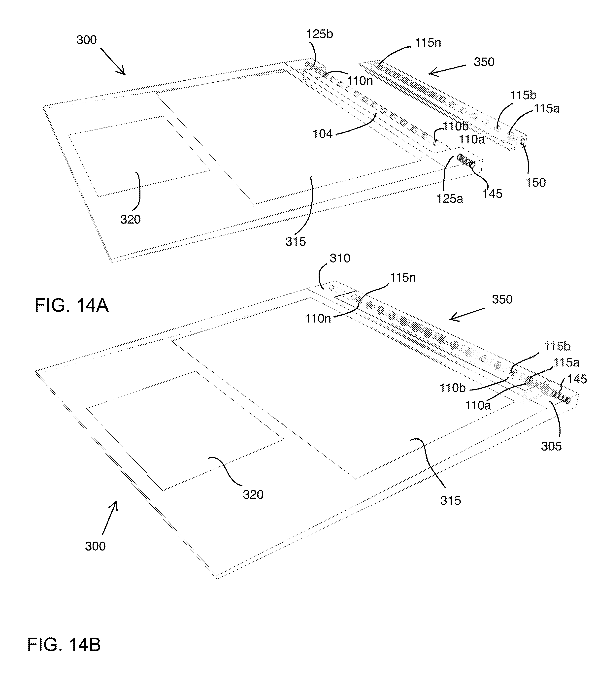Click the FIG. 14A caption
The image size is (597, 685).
pos(72,305)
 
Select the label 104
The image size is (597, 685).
pos(323,134)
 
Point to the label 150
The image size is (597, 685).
pos(536,183)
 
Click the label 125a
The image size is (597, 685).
pos(450,199)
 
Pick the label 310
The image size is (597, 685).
pos(340,258)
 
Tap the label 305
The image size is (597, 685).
pos(551,446)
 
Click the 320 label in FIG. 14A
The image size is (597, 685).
pos(130,220)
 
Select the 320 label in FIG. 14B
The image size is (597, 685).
pos(253,494)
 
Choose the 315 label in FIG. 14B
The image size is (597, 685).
pos(450,500)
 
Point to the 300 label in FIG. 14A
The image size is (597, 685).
pos(86,40)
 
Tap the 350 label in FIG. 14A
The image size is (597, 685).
pos(484,62)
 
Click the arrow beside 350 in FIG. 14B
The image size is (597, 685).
pos(466,315)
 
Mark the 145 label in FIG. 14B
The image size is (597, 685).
pos(577,379)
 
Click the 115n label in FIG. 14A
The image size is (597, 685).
pos(428,43)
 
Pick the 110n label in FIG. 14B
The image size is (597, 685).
pos(318,319)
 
